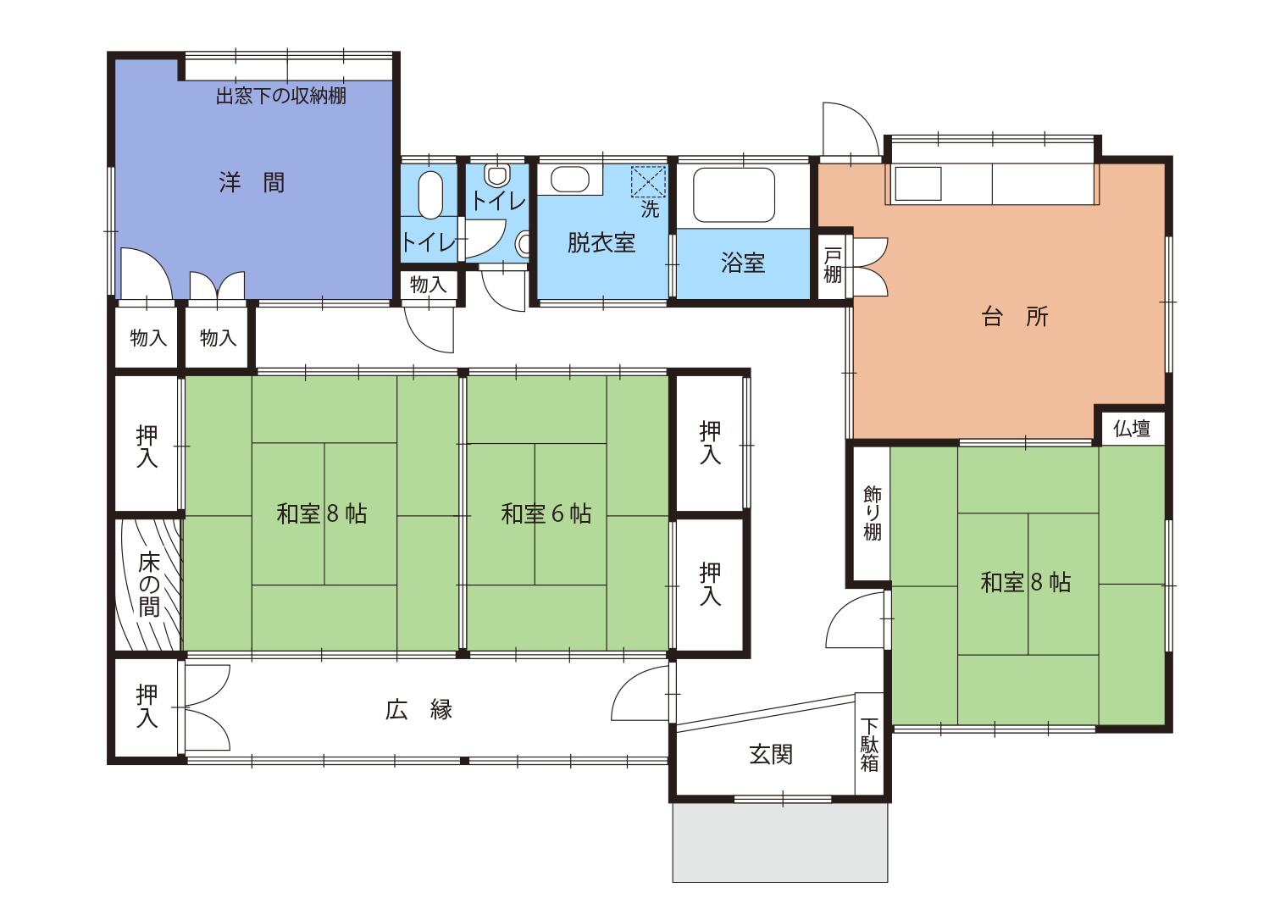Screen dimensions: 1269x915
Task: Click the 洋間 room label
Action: coord(252,183)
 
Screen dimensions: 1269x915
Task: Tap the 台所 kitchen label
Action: coord(1014,316)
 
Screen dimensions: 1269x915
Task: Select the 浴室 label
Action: coord(743,263)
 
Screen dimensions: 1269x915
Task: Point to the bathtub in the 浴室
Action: coord(734,195)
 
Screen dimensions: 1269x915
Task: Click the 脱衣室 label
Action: coord(601,242)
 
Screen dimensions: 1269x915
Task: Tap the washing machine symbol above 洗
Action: coord(649,181)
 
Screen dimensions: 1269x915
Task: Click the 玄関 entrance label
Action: coord(771,755)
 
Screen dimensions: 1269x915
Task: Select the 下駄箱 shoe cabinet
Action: coord(869,744)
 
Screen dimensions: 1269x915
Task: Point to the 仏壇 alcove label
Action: coord(1131,429)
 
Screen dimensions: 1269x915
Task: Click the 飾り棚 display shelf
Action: coord(872,513)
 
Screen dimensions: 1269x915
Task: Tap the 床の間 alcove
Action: coord(148,585)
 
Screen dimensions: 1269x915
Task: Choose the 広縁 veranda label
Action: coord(418,709)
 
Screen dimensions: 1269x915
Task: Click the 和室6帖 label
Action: coord(546,514)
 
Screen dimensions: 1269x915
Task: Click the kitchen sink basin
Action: coord(917,184)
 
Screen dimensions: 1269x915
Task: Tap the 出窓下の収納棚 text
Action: coord(281,96)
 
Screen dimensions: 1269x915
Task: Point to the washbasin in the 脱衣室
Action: coord(569,179)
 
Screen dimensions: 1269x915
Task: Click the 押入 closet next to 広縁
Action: coord(147,707)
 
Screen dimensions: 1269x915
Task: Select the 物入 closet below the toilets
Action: coord(429,285)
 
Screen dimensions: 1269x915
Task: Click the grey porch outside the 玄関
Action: coord(780,842)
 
